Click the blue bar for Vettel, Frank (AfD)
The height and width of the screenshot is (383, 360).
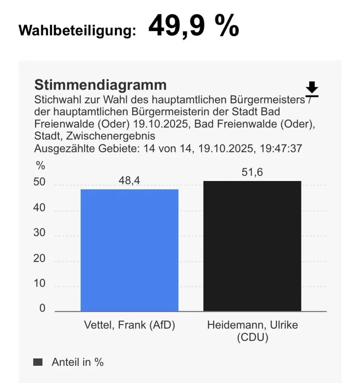pos(129,250)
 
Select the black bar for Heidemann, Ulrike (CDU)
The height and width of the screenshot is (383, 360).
pos(252,246)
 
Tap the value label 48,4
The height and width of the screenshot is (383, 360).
pos(129,181)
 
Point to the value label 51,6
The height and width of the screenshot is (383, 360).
pos(252,172)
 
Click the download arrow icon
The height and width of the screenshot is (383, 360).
pos(312,89)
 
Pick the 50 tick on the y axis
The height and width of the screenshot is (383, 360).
pos(39,182)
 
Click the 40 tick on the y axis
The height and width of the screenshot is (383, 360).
pos(39,208)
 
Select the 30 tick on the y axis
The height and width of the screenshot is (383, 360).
pos(39,233)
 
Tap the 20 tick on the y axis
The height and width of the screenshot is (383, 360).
pos(39,258)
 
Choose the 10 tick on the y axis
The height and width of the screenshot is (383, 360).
pos(39,283)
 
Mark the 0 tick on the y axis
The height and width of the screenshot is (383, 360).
pos(43,308)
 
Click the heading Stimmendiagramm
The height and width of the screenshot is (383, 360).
pos(101,85)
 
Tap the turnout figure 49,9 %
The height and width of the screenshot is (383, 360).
pos(194,26)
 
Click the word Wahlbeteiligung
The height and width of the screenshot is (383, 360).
pos(77,31)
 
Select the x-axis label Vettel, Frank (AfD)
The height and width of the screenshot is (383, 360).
pos(129,325)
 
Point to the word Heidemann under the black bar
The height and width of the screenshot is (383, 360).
pos(235,325)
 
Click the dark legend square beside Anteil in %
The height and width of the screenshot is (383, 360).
pos(38,362)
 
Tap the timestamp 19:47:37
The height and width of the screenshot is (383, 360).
pos(281,149)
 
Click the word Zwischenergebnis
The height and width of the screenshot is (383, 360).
pos(110,136)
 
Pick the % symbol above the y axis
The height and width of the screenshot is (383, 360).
pos(40,165)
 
